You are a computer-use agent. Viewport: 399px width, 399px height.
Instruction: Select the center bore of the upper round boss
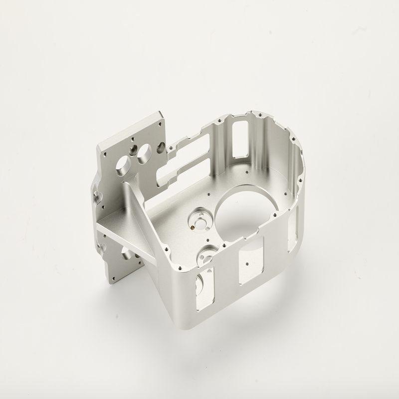click(199, 222)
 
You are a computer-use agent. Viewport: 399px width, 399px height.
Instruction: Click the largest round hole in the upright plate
click(122, 166)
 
